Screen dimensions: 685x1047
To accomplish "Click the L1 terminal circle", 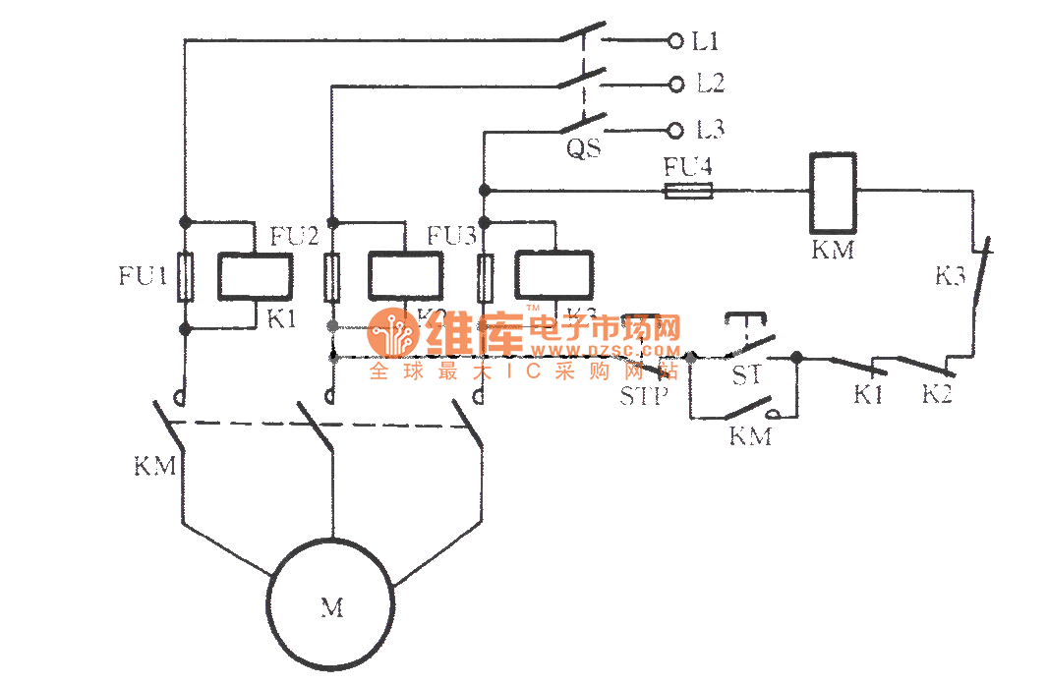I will pos(675,41).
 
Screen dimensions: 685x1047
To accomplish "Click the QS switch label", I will pos(584,149).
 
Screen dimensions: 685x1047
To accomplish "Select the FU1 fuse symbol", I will pos(184,277).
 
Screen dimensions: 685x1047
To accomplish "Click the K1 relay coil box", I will pos(255,276).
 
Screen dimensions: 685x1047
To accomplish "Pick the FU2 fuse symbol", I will pos(333,277).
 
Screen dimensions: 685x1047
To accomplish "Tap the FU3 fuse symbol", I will pos(484,277).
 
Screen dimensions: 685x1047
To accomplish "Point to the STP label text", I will pos(644,397).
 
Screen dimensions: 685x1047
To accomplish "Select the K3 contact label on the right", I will pos(950,276).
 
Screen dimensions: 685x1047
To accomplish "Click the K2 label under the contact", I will pos(937,395).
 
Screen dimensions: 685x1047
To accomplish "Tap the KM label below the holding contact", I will pos(749,436).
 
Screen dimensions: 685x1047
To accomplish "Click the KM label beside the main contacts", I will pos(155,465).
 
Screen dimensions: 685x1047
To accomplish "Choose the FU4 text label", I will pos(687,167).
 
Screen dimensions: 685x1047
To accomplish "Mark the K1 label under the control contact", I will pos(868,395).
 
